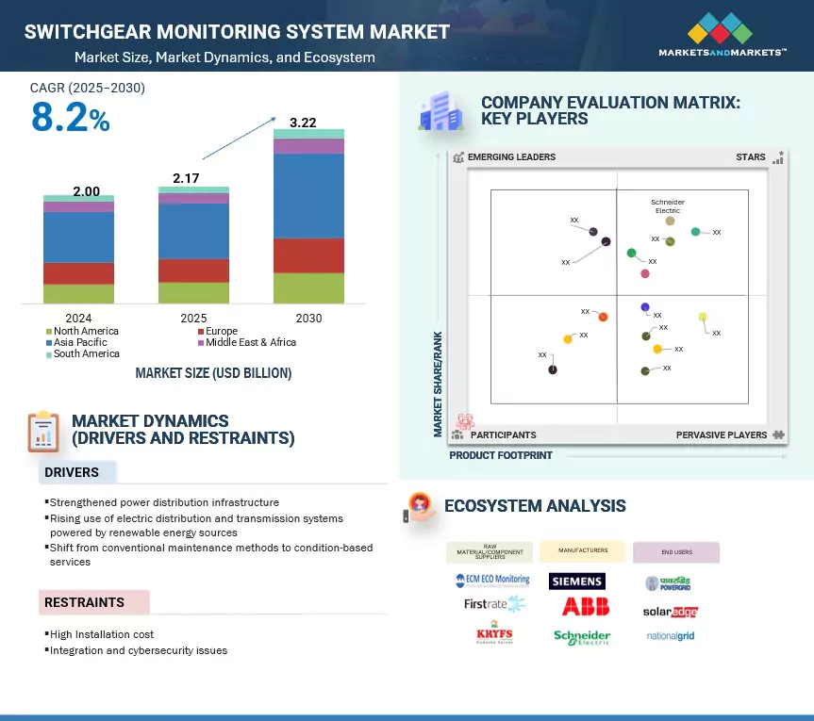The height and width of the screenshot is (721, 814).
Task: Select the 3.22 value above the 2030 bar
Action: pos(303,123)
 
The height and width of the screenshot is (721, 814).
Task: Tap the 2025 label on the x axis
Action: pos(193,319)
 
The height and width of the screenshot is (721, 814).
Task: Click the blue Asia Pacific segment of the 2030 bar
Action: pos(308,195)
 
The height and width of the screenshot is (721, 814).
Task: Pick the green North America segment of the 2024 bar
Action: pos(78,293)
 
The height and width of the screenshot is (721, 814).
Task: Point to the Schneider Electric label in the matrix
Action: pos(668,206)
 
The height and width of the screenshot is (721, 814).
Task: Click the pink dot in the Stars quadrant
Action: pos(645,273)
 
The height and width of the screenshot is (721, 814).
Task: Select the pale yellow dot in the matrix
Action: pos(703,318)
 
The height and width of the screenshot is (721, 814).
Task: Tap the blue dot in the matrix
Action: pos(645,307)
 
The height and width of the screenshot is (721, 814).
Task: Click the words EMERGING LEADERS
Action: pos(511,157)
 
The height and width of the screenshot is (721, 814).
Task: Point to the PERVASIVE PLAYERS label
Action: pos(723,435)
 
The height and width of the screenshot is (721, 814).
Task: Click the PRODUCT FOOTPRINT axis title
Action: pos(501,455)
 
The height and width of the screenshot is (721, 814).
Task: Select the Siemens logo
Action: pos(576,582)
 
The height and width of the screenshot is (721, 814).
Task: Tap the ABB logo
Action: pos(585,607)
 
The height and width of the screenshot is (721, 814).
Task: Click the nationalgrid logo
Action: pos(671,636)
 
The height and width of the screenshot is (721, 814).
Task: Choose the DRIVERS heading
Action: pos(72,471)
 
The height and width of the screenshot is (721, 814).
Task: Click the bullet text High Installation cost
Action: pos(102,635)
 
